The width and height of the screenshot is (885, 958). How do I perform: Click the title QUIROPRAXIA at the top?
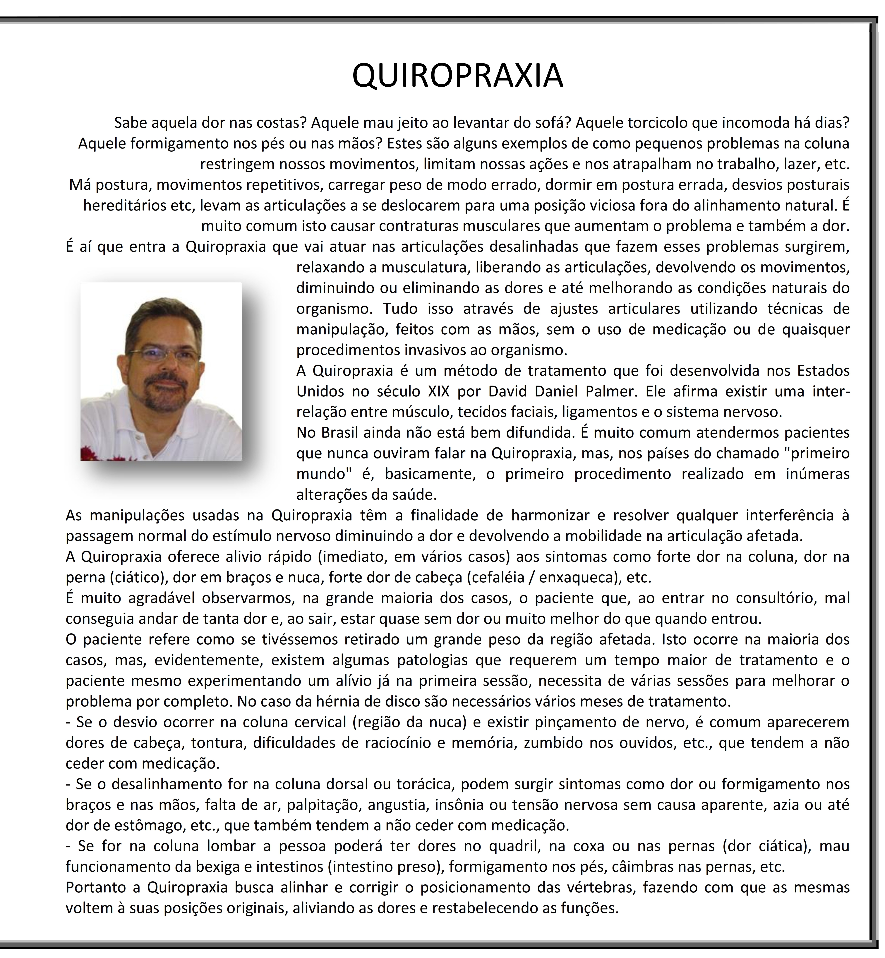click(x=457, y=76)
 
